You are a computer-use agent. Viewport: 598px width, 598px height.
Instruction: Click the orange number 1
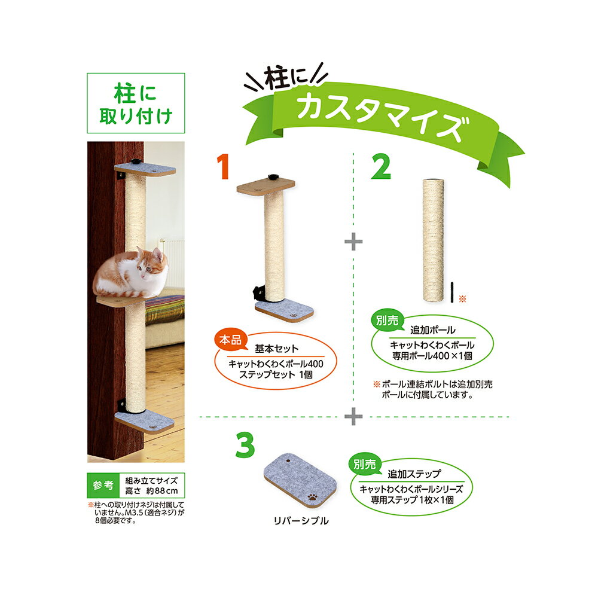(222, 167)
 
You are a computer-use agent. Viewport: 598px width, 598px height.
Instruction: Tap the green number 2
(381, 167)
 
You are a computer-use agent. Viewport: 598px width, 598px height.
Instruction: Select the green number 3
(245, 445)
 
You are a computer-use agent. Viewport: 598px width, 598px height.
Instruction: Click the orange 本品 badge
(230, 340)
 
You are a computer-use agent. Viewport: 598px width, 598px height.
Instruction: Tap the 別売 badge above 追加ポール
(387, 321)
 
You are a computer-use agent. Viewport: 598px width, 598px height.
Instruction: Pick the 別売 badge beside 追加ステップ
(365, 465)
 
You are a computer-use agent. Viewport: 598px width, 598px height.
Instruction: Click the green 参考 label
(103, 485)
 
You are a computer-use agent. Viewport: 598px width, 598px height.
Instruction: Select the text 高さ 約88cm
(151, 491)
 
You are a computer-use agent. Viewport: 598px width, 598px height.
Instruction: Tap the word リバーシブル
(301, 521)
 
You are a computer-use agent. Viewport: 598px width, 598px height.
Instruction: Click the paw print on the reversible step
(313, 497)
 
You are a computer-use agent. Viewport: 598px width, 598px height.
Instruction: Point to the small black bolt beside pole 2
(452, 292)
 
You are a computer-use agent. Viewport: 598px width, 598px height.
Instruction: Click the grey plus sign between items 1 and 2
(353, 242)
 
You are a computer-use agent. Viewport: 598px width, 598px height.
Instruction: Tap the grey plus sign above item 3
(353, 416)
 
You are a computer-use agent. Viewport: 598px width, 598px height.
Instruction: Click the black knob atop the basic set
(273, 177)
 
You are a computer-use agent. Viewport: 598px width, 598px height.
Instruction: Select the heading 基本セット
(276, 349)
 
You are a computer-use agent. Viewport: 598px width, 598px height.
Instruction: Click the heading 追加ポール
(433, 330)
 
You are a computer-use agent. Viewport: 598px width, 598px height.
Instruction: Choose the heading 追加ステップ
(414, 474)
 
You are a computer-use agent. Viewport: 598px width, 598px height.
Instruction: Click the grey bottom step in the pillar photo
(145, 422)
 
